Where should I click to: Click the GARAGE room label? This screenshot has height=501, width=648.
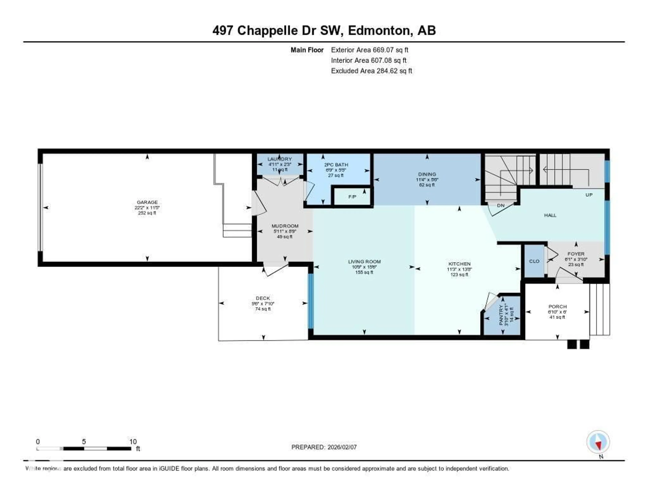[147, 202]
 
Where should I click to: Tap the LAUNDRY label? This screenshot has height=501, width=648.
[279, 159]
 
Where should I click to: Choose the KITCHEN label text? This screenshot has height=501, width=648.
[459, 264]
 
